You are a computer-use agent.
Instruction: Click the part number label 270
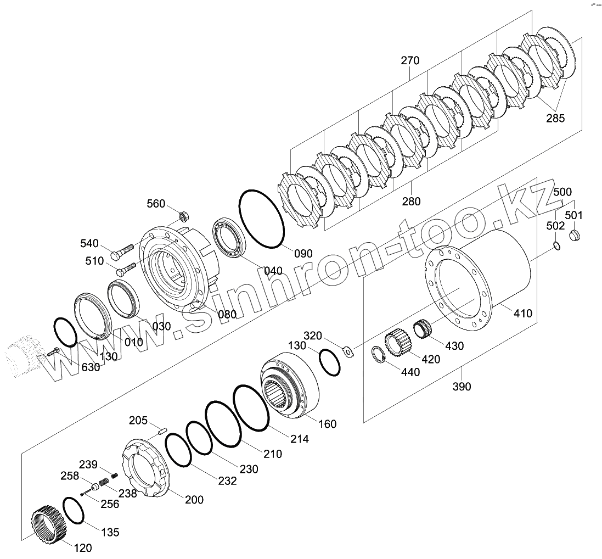click(x=409, y=60)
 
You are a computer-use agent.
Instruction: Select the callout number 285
click(x=554, y=118)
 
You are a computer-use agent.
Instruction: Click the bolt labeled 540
click(x=122, y=252)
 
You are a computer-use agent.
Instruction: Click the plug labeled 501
click(x=575, y=236)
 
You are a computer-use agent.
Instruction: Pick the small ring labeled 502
click(x=556, y=245)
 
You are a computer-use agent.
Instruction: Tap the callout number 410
click(x=522, y=314)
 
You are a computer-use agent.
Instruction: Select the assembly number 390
click(x=462, y=387)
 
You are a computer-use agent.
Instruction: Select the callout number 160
click(x=327, y=424)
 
